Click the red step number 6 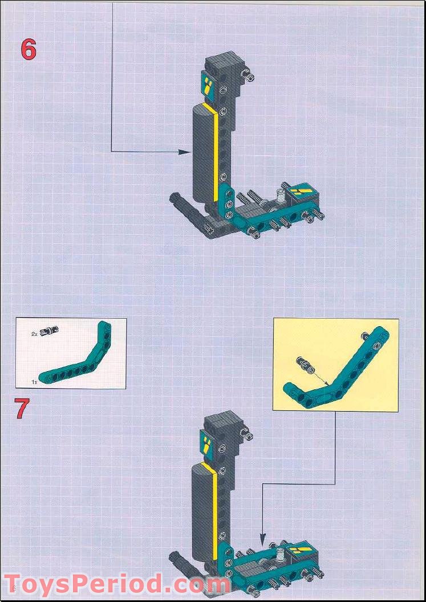tap(29, 49)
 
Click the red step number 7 tap(22, 408)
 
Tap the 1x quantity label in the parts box tap(35, 380)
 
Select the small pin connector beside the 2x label tap(52, 330)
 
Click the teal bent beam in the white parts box tap(74, 364)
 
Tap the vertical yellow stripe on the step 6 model tap(216, 154)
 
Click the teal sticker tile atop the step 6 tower tap(208, 87)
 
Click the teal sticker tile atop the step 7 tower tap(208, 442)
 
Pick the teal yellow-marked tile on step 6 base tap(301, 193)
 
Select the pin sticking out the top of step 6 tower tap(248, 74)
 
